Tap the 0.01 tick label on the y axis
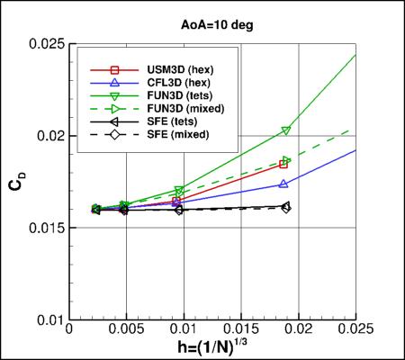50,320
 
